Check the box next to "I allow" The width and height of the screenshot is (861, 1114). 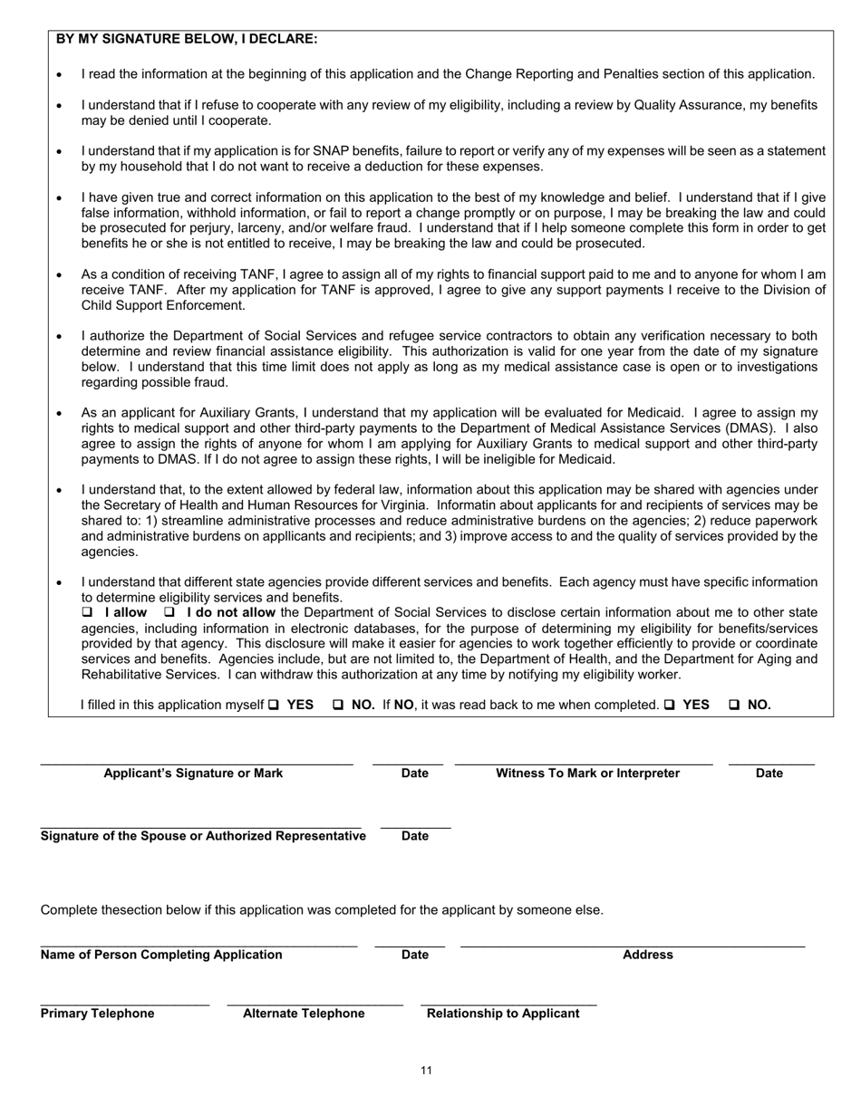pos(88,613)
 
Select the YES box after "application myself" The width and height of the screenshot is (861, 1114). pos(274,705)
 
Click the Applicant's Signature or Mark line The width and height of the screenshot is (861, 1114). pos(196,761)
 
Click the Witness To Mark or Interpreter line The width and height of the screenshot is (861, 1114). pos(584,761)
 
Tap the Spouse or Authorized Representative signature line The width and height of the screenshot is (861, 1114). pos(200,822)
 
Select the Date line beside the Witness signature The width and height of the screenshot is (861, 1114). pos(771,761)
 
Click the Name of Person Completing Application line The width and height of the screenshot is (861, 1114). pos(198,943)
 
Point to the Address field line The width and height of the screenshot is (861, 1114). pos(633,943)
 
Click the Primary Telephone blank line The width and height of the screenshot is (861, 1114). pos(125,1001)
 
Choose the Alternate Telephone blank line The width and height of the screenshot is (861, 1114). pos(314,1001)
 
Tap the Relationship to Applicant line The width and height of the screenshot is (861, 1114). pos(508,1001)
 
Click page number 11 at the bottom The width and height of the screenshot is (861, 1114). pos(426,1071)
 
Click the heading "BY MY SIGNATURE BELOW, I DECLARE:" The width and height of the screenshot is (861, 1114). pos(187,39)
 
